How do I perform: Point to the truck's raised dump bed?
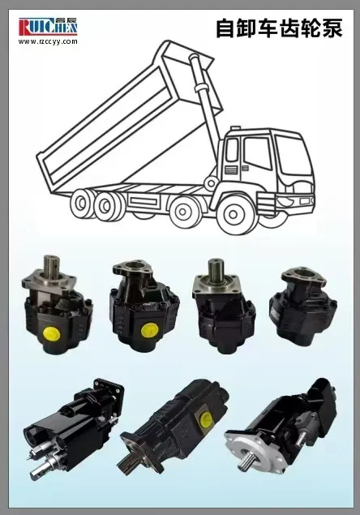coord(122,122)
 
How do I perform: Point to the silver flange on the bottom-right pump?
coord(264,454)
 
